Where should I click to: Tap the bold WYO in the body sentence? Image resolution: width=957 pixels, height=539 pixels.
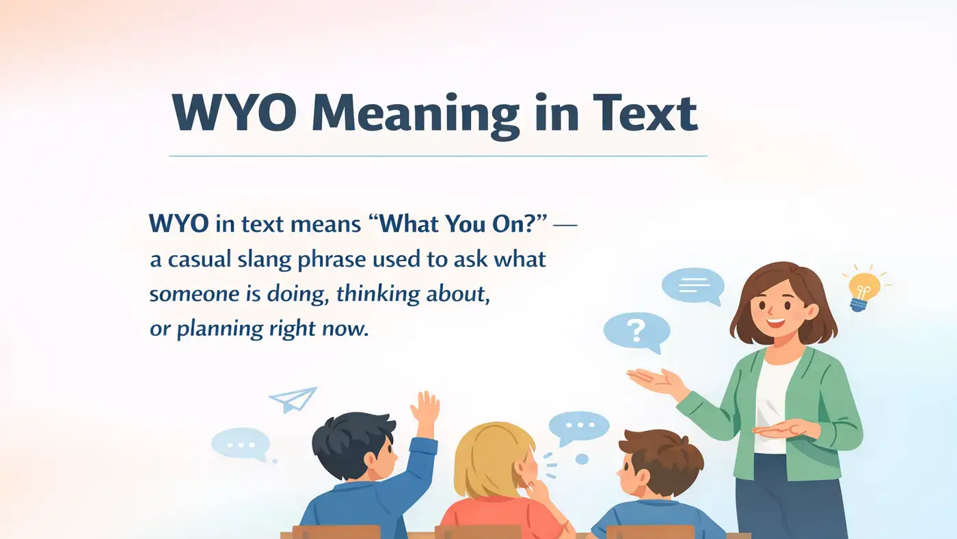click(x=178, y=224)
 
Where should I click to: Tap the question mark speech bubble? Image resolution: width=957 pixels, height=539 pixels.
click(x=636, y=331)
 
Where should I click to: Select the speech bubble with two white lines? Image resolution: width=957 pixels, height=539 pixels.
click(x=692, y=285)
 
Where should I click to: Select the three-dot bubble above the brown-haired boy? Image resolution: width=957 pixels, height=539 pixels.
click(x=579, y=426)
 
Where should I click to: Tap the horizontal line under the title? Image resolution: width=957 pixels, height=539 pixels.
click(x=437, y=156)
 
